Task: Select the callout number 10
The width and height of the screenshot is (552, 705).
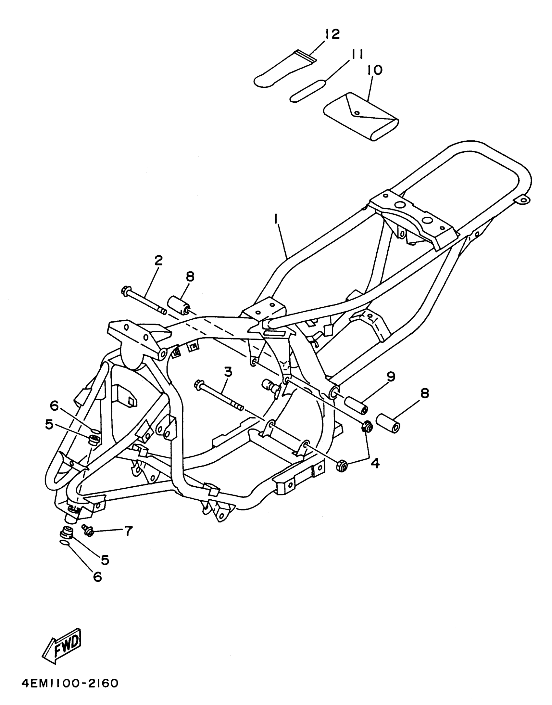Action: click(x=375, y=70)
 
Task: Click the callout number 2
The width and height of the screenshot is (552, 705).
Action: click(x=158, y=261)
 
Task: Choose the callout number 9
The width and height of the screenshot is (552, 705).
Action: click(x=391, y=377)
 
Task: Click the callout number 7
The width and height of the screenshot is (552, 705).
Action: click(x=128, y=531)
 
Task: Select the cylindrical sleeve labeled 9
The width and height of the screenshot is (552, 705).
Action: click(x=357, y=405)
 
